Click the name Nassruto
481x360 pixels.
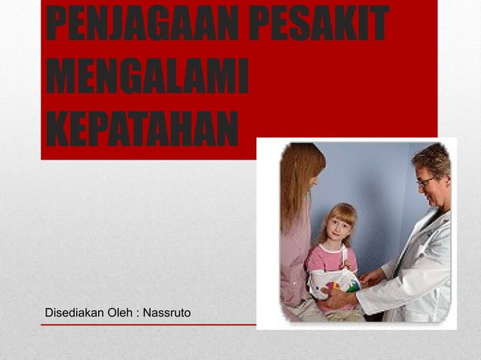tap(163, 311)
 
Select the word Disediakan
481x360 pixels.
tap(75, 311)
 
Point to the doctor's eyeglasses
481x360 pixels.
tap(427, 182)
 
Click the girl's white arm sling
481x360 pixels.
tap(332, 283)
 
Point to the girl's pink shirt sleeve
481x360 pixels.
tap(314, 260)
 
